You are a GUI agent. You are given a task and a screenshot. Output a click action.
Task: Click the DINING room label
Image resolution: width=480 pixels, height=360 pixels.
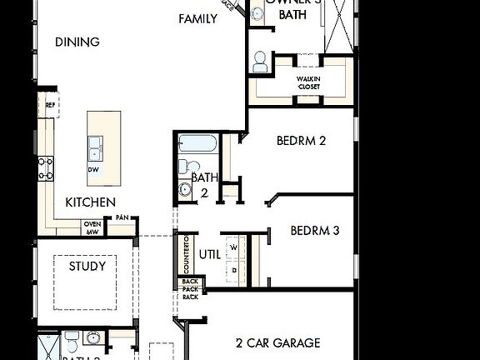point(77,42)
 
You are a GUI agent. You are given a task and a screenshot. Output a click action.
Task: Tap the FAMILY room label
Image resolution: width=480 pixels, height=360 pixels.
point(197,18)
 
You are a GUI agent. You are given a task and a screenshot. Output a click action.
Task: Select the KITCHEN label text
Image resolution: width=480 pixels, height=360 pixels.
point(91,202)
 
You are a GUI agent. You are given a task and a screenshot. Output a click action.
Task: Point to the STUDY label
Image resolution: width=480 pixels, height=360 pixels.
point(87,267)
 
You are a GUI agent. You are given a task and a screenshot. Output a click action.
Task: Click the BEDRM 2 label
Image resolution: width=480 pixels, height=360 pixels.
point(301,141)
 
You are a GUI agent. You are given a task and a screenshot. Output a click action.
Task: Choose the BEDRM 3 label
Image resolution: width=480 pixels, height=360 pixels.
point(314,231)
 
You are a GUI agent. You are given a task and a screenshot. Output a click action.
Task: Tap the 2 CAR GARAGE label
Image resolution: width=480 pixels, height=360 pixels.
point(277,342)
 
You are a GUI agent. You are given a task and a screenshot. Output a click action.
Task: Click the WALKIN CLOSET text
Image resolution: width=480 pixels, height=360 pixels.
point(308,82)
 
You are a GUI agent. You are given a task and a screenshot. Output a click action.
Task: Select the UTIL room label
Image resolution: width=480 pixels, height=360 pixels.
point(210,254)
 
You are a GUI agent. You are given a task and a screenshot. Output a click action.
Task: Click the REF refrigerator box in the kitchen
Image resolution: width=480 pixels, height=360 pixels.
point(50,106)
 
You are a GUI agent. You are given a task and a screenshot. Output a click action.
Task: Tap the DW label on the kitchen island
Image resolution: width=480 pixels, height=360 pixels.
point(93,169)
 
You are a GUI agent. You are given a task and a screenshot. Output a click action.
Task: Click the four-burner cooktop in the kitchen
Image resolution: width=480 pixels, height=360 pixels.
point(45,168)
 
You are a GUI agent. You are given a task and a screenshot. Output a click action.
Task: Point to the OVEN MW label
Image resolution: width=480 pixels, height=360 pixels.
point(92,227)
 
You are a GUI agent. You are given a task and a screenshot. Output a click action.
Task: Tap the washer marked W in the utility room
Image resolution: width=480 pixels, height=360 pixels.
point(233,247)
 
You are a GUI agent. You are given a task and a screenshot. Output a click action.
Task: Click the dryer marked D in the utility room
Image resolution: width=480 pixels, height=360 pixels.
point(233,269)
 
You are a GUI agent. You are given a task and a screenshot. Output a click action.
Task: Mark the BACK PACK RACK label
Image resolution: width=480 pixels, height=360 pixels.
point(190,288)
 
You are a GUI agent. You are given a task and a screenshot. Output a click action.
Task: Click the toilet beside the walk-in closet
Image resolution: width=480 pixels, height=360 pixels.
point(260,60)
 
